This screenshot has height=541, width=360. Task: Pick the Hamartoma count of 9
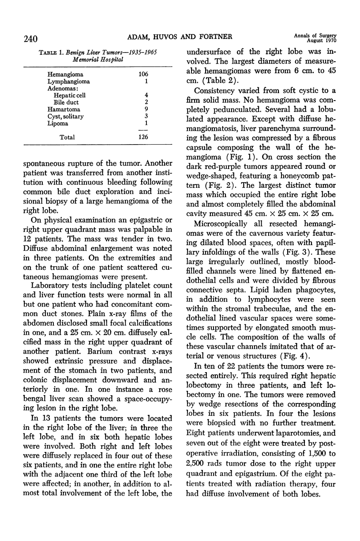[145, 109]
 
